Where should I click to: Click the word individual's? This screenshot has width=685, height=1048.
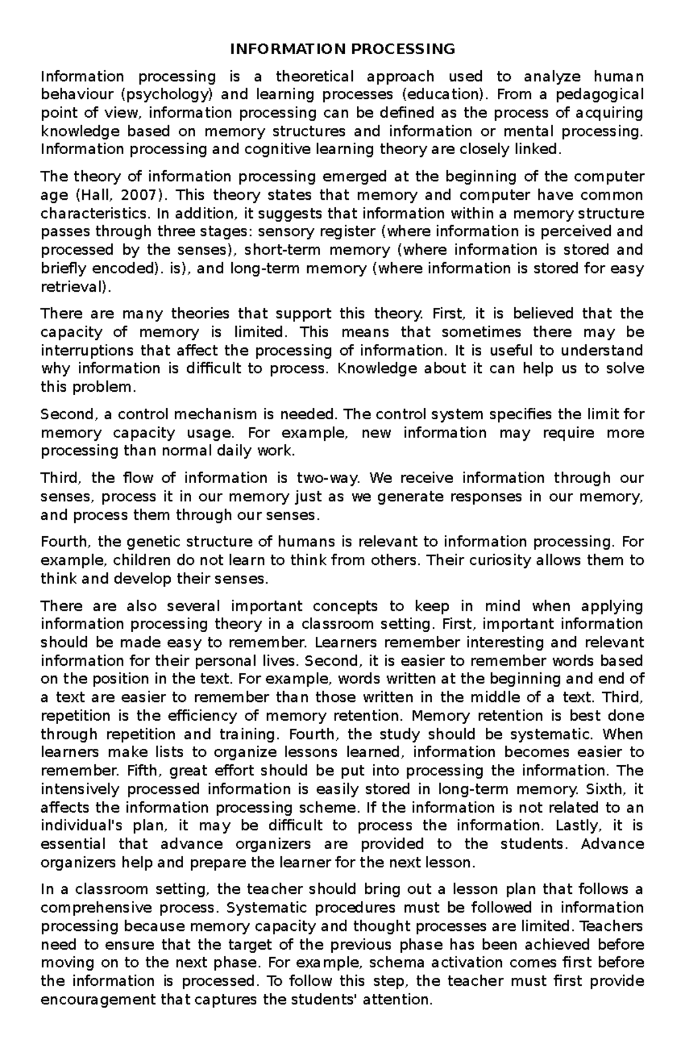(82, 826)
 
